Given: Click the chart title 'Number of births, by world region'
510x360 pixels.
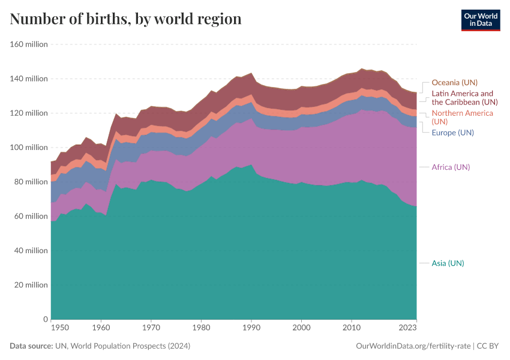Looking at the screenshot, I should click(125, 19).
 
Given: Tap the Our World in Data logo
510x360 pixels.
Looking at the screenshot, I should click(480, 20).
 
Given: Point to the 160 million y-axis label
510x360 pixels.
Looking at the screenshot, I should click(28, 44).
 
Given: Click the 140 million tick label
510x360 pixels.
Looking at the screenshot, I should click(28, 79).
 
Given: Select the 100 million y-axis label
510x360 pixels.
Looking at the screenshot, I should click(28, 148).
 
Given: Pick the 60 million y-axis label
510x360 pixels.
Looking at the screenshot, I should click(30, 216).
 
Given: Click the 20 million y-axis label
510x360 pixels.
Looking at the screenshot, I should click(30, 285).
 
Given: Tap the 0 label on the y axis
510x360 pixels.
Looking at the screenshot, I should click(44, 319).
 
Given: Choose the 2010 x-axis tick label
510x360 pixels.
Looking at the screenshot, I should click(351, 328).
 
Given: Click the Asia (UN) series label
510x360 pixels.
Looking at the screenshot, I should click(448, 263).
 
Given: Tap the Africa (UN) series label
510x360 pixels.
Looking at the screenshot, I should click(451, 167).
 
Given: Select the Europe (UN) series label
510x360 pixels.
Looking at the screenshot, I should click(452, 133).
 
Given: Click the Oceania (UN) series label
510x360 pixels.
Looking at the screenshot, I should click(454, 83).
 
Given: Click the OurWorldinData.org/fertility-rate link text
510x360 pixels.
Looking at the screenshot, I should click(413, 346).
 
